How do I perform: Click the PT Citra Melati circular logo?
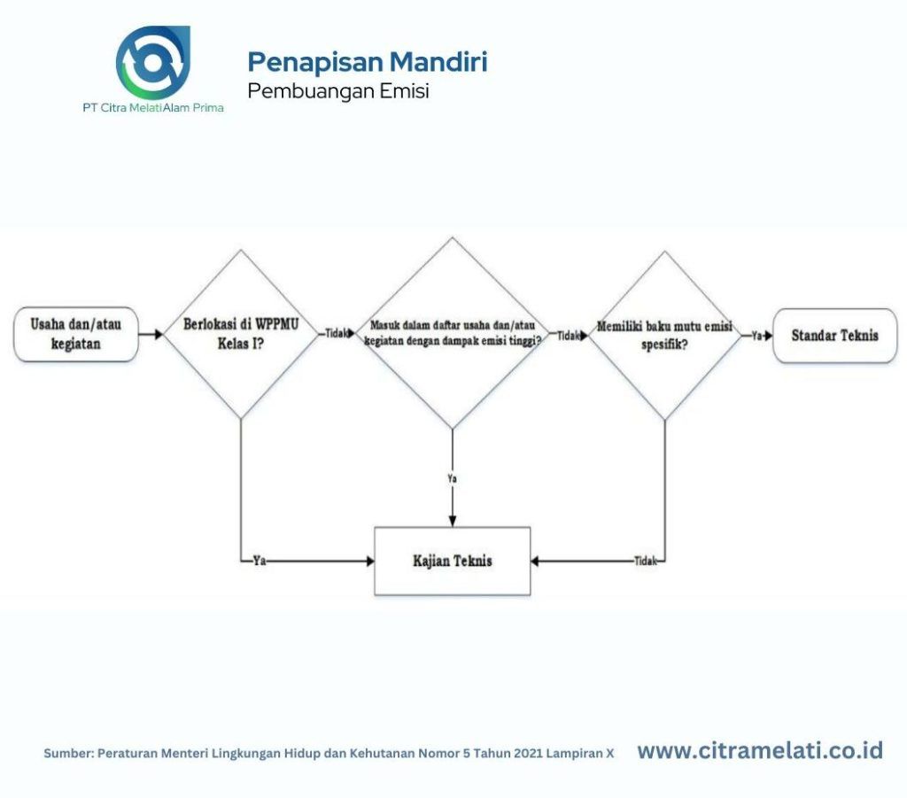coord(152,62)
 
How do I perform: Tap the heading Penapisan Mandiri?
coord(367,62)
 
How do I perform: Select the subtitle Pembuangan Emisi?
coord(338,90)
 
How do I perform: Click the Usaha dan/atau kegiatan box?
coord(76,335)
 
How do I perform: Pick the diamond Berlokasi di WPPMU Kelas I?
coord(240,334)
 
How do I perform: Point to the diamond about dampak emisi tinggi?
coord(453,334)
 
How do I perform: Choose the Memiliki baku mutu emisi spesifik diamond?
coord(664,335)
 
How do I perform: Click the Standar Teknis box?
coord(834,336)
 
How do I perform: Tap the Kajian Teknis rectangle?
coord(453,561)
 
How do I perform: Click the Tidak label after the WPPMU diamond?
coord(335,335)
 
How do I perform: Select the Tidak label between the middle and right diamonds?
coord(568,336)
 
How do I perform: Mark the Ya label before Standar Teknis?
coord(756,336)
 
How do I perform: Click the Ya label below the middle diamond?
coord(453,478)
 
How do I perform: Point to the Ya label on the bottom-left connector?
coord(260,561)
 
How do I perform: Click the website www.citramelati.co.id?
coord(760,751)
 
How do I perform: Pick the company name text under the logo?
coord(152,108)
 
